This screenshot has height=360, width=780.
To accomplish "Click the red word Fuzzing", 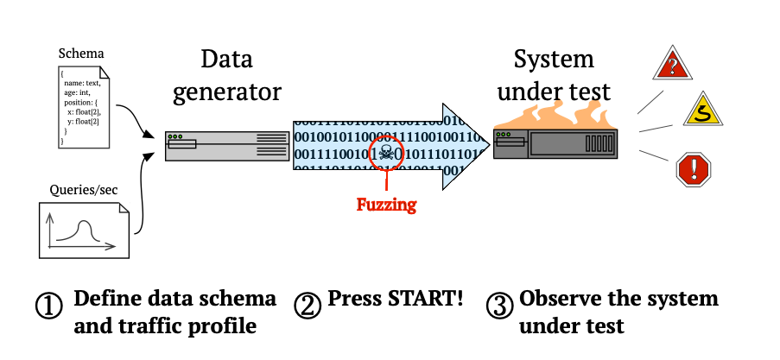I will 386,205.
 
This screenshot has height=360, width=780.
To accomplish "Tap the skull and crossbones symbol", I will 386,153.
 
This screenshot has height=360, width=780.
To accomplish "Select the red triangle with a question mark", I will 672,66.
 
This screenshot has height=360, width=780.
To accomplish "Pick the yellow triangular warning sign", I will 703,111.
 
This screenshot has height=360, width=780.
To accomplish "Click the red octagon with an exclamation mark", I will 693,170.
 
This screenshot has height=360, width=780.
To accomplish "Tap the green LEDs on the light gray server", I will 175,136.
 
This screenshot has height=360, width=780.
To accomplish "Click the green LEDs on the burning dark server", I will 504,135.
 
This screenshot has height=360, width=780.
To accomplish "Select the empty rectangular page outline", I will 84,107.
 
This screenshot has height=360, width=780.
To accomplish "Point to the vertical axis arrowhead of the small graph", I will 50,215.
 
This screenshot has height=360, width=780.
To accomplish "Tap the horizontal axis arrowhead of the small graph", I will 111,247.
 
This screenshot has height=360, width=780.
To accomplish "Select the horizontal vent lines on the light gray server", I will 272,145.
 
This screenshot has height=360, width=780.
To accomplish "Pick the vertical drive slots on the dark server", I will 599,143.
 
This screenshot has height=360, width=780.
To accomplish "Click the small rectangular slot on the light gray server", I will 182,144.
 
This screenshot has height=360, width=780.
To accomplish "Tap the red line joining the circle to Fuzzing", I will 386,180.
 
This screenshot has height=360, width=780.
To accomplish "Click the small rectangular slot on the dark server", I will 510,142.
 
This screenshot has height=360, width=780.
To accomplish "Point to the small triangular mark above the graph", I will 124,207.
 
